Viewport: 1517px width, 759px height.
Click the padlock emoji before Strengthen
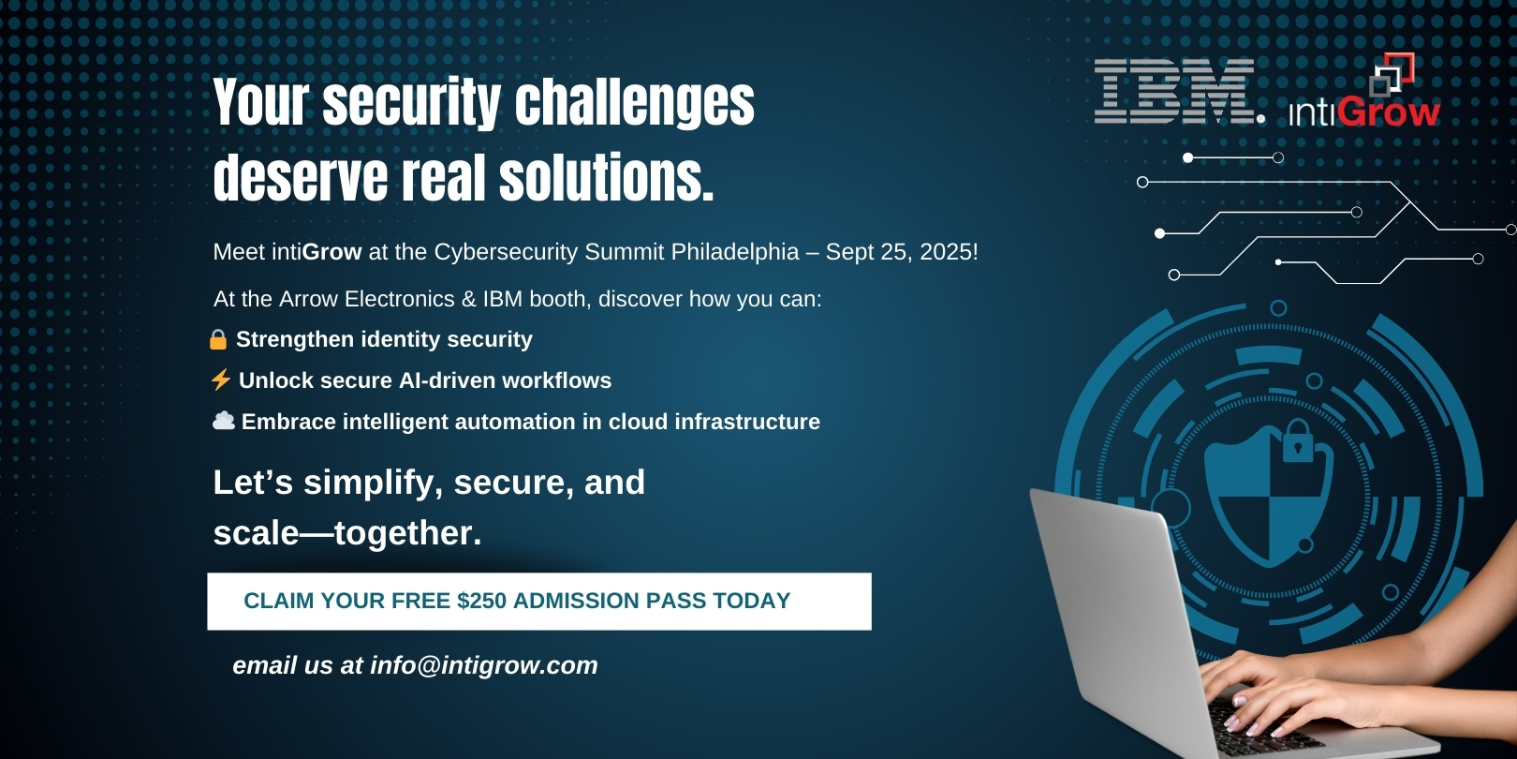coord(218,339)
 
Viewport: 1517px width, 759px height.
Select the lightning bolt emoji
coord(221,379)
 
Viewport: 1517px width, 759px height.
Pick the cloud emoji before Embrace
coord(224,421)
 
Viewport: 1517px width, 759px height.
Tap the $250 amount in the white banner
coord(481,601)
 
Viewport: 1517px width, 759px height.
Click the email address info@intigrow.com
coord(483,665)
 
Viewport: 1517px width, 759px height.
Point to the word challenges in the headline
coord(635,103)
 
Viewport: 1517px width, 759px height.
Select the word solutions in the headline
coord(607,177)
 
